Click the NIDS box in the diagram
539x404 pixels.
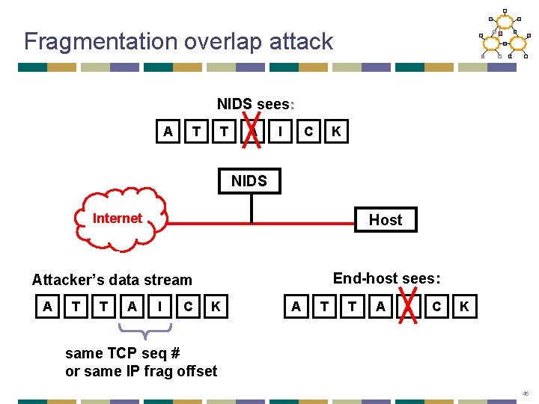249,181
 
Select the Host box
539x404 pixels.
385,220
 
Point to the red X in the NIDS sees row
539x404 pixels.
253,126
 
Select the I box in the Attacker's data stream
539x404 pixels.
159,306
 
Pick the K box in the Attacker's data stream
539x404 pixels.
216,306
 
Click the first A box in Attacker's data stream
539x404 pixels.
47,306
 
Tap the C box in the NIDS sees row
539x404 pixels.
308,132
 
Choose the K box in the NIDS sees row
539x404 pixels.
336,132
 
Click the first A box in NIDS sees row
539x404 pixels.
168,132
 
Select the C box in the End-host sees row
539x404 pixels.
436,306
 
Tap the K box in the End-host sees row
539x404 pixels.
465,306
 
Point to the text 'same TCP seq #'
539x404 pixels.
123,352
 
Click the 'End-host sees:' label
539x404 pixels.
386,278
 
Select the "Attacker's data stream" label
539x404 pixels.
112,280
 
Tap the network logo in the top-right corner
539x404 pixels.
503,34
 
